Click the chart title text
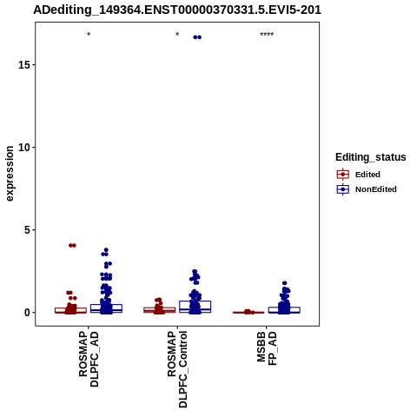coord(177,10)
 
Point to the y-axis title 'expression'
coord(10,174)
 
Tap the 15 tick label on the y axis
coord(24,64)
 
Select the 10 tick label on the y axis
coord(24,147)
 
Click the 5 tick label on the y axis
coord(27,230)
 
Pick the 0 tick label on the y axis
coord(27,313)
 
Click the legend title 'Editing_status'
coord(371,157)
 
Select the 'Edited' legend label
coord(367,175)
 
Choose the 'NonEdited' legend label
coord(376,189)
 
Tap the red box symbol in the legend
coord(343,175)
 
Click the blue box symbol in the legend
coord(343,189)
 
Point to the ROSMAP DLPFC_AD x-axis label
coord(89,359)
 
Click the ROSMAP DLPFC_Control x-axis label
coord(177,369)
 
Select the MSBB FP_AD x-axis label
coord(267,348)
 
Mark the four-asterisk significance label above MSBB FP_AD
coord(267,35)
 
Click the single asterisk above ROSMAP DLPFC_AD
coord(89,35)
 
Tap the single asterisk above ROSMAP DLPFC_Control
coord(177,35)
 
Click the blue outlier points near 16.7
coord(197,37)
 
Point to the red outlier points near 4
coord(72,245)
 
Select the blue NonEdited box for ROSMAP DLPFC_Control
coord(195,307)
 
